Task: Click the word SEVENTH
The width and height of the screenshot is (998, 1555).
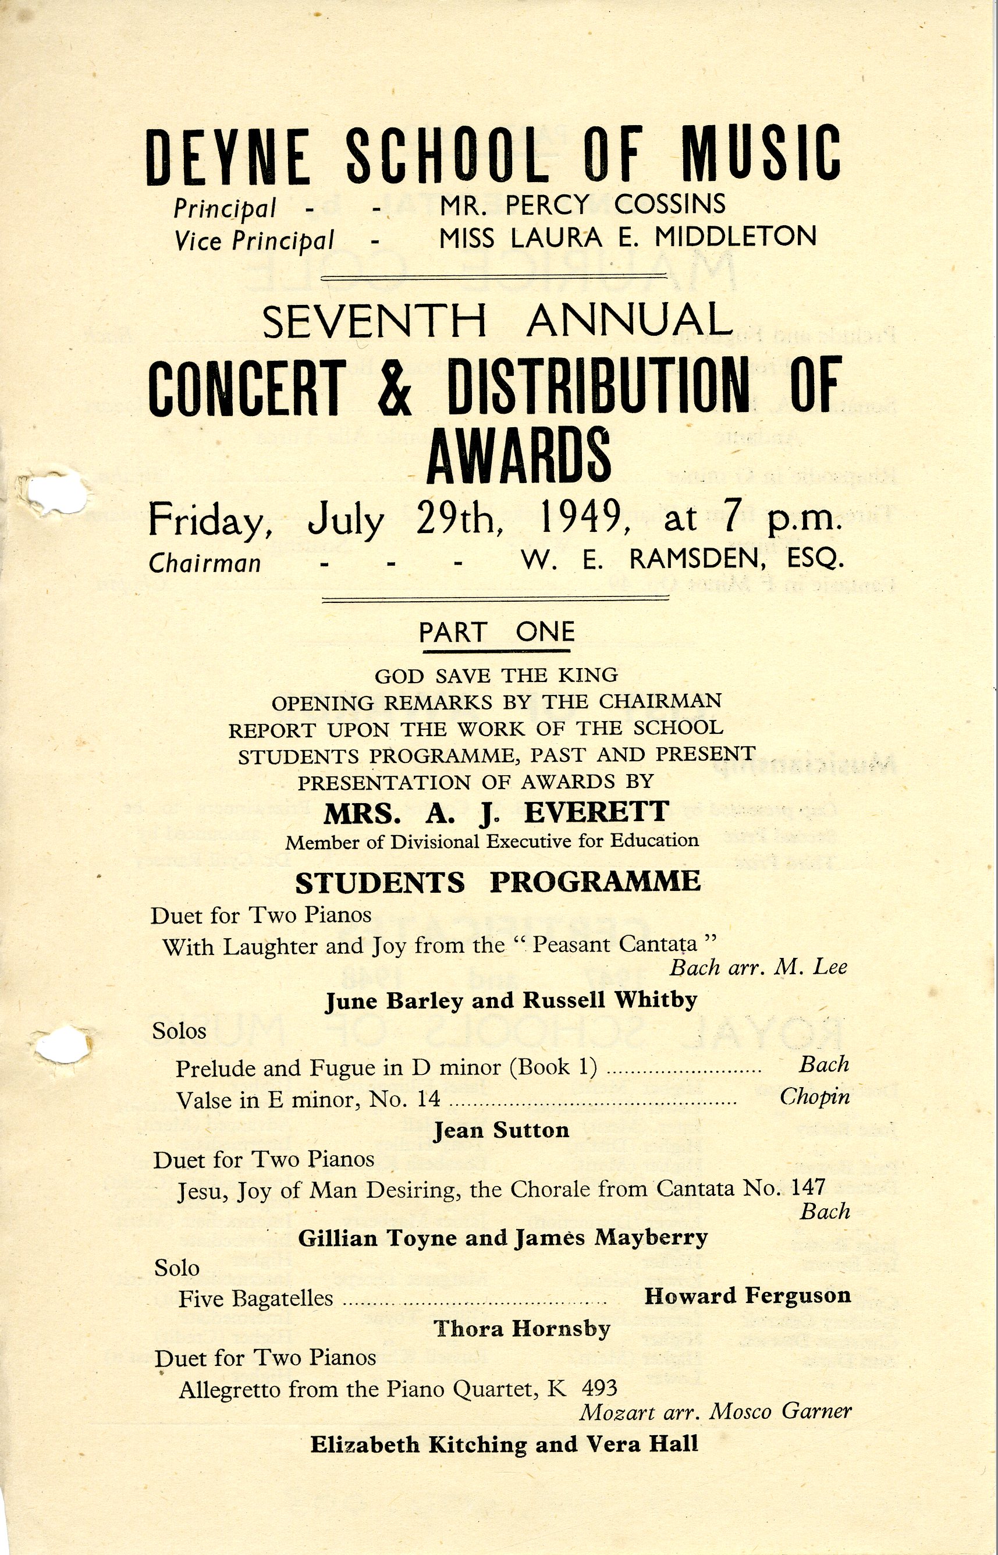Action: click(x=374, y=321)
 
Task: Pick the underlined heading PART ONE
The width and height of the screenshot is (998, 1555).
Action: click(x=496, y=632)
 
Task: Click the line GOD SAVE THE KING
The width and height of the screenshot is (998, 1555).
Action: click(x=496, y=675)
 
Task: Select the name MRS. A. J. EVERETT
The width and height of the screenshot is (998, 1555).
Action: click(x=496, y=812)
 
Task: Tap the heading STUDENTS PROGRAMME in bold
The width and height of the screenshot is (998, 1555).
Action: click(x=498, y=882)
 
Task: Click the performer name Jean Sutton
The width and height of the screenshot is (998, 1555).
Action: click(x=501, y=1130)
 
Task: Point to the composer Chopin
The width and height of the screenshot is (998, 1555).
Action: click(x=814, y=1097)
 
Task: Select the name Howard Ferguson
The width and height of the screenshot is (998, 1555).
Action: click(x=747, y=1295)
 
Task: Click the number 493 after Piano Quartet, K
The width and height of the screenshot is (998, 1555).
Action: click(x=599, y=1388)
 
